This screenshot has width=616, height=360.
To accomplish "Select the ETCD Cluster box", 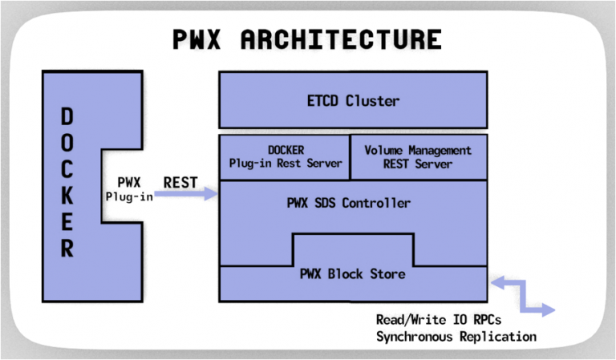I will tap(353, 101).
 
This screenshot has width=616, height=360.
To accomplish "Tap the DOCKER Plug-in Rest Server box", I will tap(285, 156).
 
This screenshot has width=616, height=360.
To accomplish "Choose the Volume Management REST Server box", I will tap(418, 156).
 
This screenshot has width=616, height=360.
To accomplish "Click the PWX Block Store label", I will tap(353, 274).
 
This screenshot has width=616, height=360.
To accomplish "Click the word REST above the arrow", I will tap(180, 182).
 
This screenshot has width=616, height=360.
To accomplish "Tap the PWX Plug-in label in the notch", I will tap(129, 189).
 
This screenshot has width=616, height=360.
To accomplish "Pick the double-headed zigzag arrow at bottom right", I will tap(522, 294).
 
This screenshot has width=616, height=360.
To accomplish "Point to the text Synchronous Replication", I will tap(456, 336).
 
